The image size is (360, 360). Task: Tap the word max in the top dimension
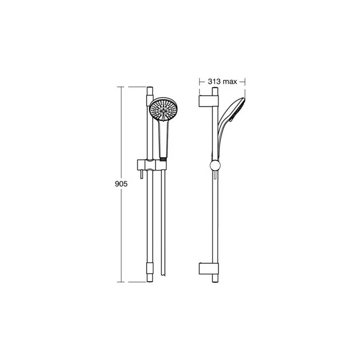point(231,81)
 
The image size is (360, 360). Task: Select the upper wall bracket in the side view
point(208,100)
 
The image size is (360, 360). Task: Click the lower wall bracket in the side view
point(208,269)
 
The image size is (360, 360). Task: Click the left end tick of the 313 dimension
point(199,81)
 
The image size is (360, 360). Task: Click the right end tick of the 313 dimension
point(244,81)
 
